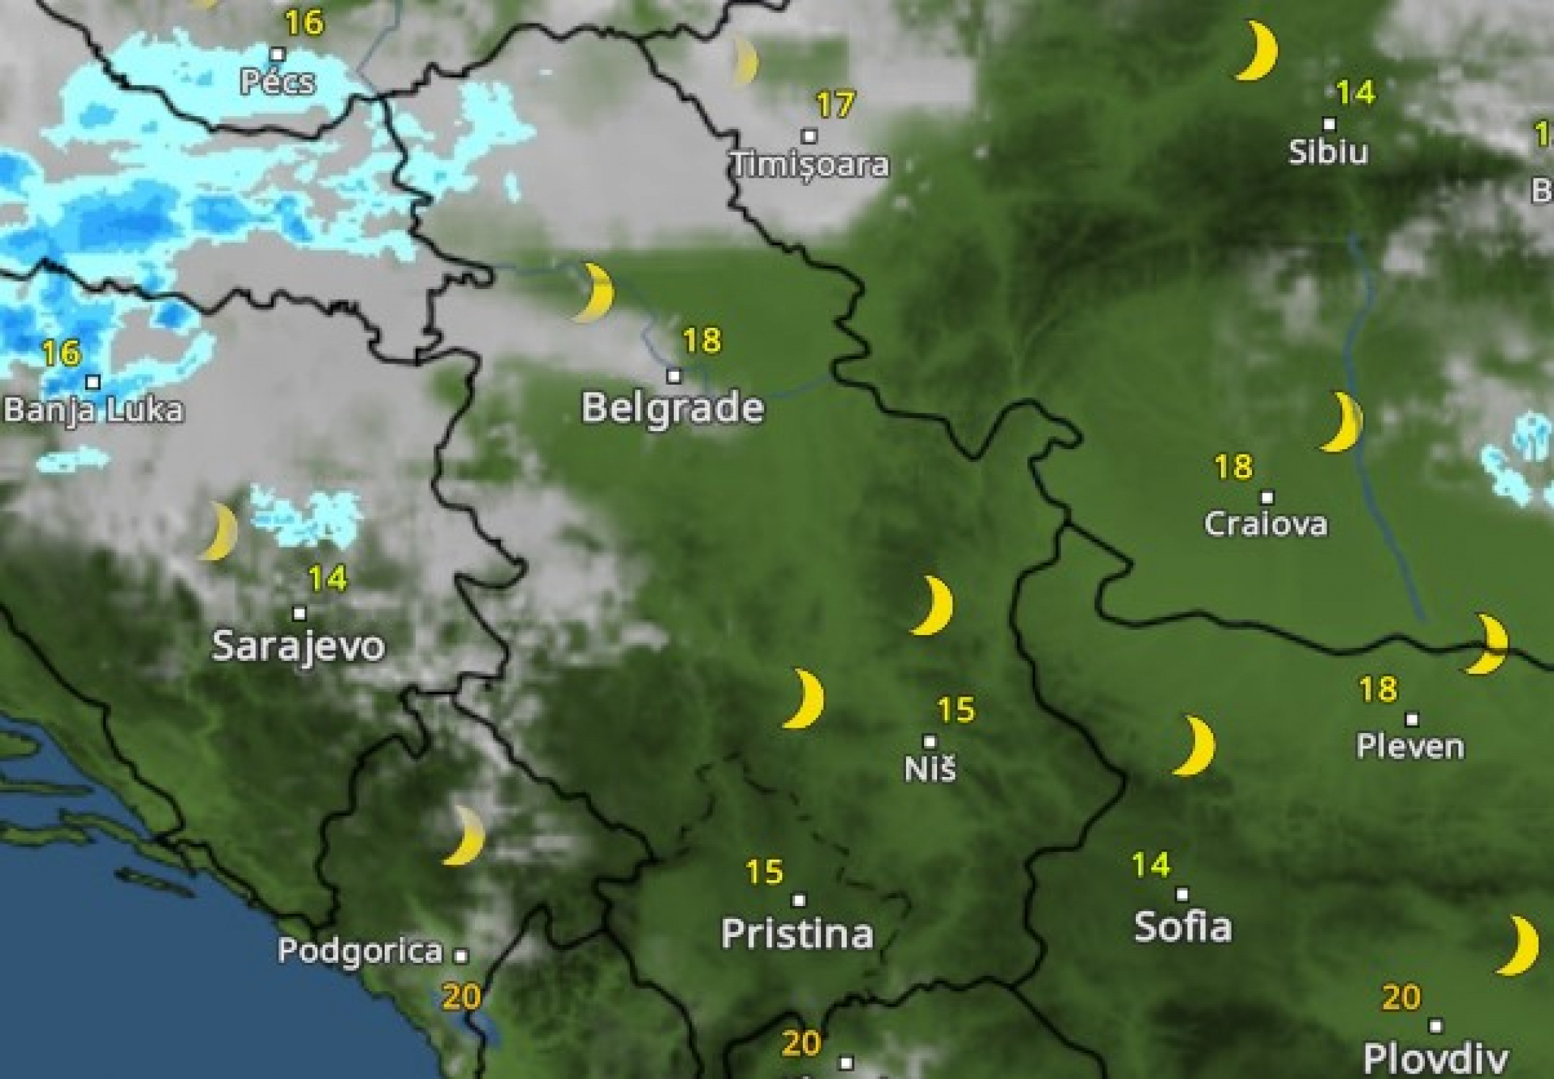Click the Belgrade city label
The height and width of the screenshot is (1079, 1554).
672,408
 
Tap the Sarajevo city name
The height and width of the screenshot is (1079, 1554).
298,646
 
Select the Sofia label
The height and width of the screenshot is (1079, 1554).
1182,926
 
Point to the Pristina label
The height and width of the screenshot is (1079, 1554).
797,933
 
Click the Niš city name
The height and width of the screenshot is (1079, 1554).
930,769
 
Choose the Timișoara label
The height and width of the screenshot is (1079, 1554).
810,165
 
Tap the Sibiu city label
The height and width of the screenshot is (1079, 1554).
1328,152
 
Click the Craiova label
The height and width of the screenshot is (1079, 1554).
1266,524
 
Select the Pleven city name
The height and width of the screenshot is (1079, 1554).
1410,747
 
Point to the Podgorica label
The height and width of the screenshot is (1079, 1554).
360,951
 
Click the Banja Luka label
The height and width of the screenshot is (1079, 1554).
93,411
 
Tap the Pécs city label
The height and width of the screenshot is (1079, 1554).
277,81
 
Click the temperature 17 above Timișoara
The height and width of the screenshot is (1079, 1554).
835,105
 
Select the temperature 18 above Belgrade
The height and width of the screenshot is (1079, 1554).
701,341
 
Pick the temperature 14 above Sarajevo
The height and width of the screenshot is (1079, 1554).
328,579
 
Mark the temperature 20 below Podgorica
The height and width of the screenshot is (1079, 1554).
461,996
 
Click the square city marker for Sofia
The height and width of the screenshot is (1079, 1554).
1181,895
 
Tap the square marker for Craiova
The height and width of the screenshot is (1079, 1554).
1267,498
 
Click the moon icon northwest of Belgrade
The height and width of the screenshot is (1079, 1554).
594,293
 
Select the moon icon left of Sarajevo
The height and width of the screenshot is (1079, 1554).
219,531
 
